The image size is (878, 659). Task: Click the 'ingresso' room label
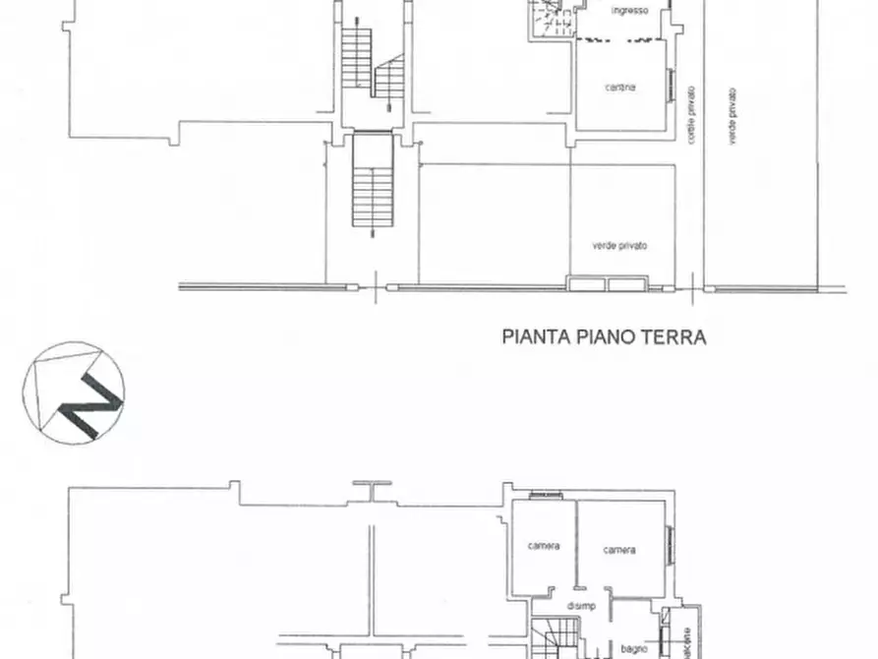pos(628,11)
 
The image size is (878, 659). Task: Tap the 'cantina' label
pos(620,87)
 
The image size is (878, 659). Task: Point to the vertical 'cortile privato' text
pos(692,116)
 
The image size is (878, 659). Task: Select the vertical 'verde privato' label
pos(733,117)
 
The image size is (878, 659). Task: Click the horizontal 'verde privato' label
pos(619,246)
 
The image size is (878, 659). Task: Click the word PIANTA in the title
pos(537,336)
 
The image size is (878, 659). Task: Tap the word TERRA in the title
pos(676,336)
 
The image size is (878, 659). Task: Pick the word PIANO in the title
pos(609,336)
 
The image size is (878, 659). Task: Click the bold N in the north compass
pos(88,397)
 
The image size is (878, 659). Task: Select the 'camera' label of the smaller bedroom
pos(543,546)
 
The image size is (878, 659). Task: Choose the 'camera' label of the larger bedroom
pos(619,550)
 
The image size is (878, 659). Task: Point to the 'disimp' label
pos(581,606)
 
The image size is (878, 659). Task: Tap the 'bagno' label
pos(632,648)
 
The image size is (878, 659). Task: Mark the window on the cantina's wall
pos(673,88)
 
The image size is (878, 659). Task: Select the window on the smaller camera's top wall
pos(541,495)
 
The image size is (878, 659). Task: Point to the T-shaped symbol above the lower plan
pos(373,488)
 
